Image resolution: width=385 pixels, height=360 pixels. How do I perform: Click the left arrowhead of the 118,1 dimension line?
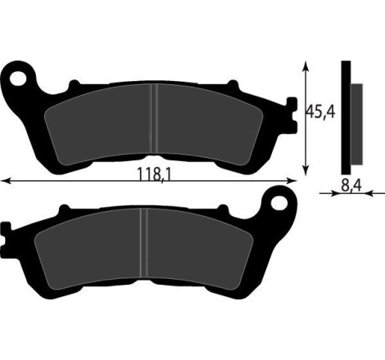coord(4,180)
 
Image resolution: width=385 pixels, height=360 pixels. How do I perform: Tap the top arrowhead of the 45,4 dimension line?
coord(306,64)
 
